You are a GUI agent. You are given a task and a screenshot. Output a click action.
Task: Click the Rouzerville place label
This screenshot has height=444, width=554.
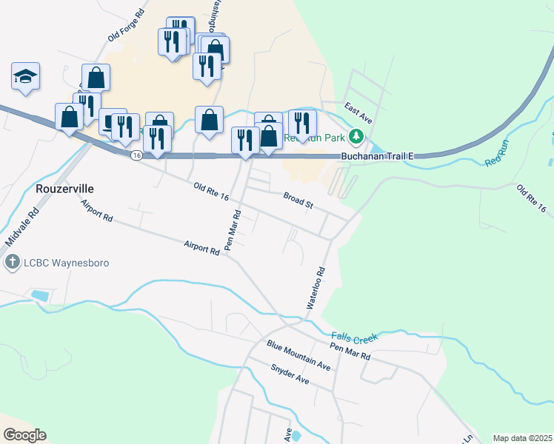(64, 189)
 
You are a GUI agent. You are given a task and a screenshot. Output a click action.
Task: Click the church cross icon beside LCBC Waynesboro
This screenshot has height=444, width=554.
(12, 262)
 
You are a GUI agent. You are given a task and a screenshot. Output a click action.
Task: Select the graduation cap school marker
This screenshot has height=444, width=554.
(25, 76)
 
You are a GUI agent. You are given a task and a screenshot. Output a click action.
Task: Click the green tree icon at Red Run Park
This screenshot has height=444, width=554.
(357, 137)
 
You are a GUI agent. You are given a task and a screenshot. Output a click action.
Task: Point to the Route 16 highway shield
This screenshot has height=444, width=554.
(136, 155)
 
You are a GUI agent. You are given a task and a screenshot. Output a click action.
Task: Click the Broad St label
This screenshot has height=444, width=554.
(298, 200)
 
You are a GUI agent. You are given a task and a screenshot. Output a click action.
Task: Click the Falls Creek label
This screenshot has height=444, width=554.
(355, 337)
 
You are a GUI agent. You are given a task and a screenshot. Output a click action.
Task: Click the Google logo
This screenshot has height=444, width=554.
(24, 434)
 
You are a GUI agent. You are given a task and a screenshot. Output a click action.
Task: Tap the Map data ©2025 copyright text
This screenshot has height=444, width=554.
(521, 438)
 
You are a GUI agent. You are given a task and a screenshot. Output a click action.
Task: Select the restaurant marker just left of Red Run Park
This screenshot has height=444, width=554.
(302, 123)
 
